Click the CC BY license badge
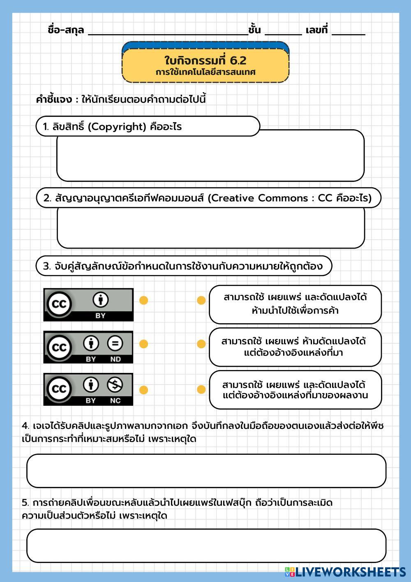(88, 305)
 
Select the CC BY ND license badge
(88, 347)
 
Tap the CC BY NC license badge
(88, 389)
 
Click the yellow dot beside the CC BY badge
(143, 300)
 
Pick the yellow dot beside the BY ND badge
(143, 344)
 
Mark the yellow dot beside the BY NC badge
(143, 390)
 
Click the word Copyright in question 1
(118, 127)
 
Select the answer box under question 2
(210, 228)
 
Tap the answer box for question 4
(206, 471)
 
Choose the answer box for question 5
(206, 546)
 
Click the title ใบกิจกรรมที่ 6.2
(205, 61)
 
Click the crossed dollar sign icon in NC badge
(115, 385)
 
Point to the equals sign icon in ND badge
(115, 343)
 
